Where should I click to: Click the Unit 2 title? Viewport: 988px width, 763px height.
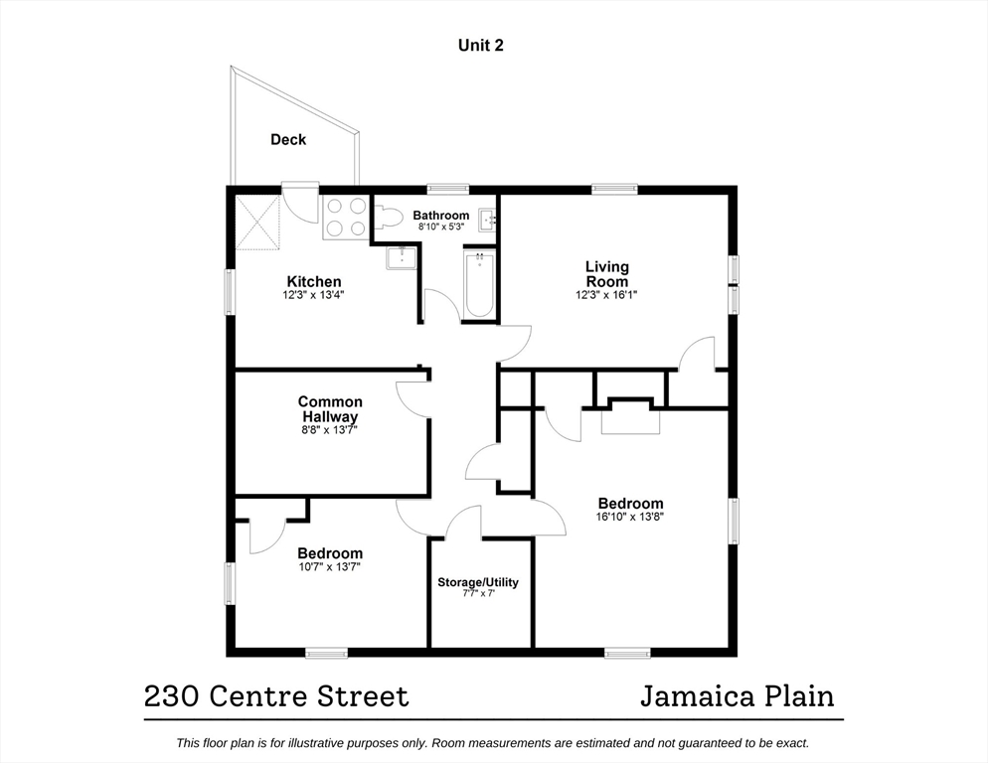click(x=480, y=45)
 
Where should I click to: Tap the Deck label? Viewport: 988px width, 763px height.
click(x=288, y=140)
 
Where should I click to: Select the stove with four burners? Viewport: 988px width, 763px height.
click(x=345, y=217)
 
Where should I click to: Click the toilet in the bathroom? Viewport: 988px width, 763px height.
click(x=389, y=217)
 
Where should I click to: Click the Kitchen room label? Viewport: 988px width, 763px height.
click(x=314, y=281)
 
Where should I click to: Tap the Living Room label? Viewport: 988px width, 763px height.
click(x=606, y=273)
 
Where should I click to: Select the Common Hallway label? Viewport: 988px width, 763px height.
click(x=330, y=409)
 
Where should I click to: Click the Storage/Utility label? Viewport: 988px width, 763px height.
click(x=478, y=582)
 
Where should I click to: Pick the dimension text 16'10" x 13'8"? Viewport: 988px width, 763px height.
click(x=630, y=517)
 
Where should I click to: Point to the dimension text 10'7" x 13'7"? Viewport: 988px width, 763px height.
click(x=330, y=566)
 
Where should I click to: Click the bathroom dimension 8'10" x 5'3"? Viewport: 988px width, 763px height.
click(x=440, y=227)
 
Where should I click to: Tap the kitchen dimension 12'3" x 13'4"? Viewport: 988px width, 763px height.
click(x=314, y=294)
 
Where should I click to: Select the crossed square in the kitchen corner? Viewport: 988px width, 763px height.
click(x=258, y=223)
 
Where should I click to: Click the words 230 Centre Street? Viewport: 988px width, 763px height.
click(x=276, y=696)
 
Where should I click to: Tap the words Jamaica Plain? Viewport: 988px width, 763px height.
click(x=737, y=696)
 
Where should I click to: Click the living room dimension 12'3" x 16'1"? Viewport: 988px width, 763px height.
click(x=606, y=294)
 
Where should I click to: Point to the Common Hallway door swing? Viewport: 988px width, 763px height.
click(x=411, y=395)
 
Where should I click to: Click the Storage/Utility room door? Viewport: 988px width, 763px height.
click(x=463, y=522)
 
